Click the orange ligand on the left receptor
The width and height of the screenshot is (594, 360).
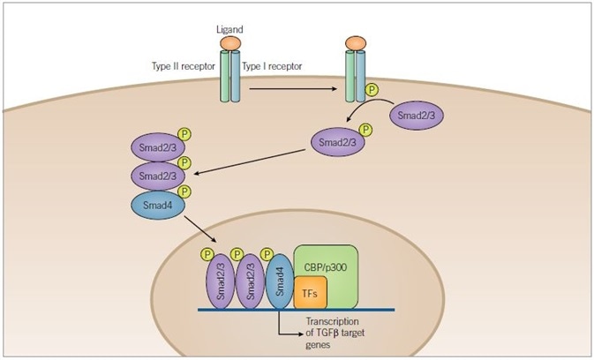pos(229,44)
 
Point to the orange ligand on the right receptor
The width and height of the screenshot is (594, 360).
pos(357,43)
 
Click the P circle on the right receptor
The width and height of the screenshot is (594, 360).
pos(373,89)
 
